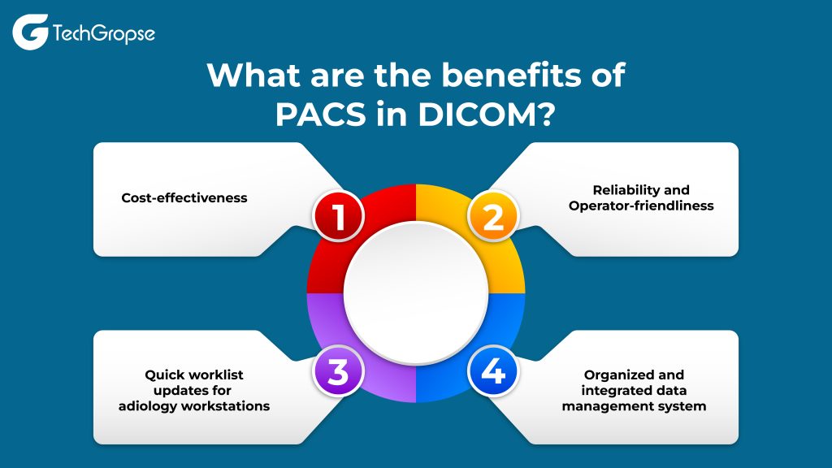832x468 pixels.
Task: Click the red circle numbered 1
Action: point(339,215)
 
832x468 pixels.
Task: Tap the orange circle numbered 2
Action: point(493,215)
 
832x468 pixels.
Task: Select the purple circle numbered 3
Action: point(338,372)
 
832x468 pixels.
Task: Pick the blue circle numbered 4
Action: point(494,372)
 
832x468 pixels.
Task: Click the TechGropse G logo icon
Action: point(30,32)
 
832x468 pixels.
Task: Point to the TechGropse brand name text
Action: point(103,34)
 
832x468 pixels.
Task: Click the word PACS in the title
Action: point(316,113)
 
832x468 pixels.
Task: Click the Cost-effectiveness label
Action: point(184,197)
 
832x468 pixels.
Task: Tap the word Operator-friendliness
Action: point(641,206)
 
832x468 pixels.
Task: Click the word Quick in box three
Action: point(166,375)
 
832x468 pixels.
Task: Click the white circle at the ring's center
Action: point(416,293)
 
